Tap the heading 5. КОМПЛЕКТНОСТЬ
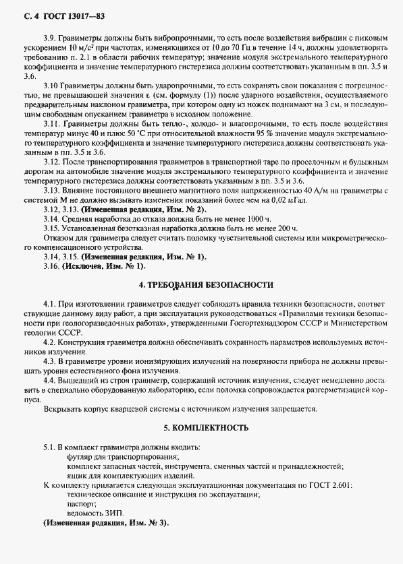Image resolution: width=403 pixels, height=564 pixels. [x=201, y=428]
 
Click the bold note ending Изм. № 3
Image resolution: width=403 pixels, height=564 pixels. [x=106, y=524]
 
